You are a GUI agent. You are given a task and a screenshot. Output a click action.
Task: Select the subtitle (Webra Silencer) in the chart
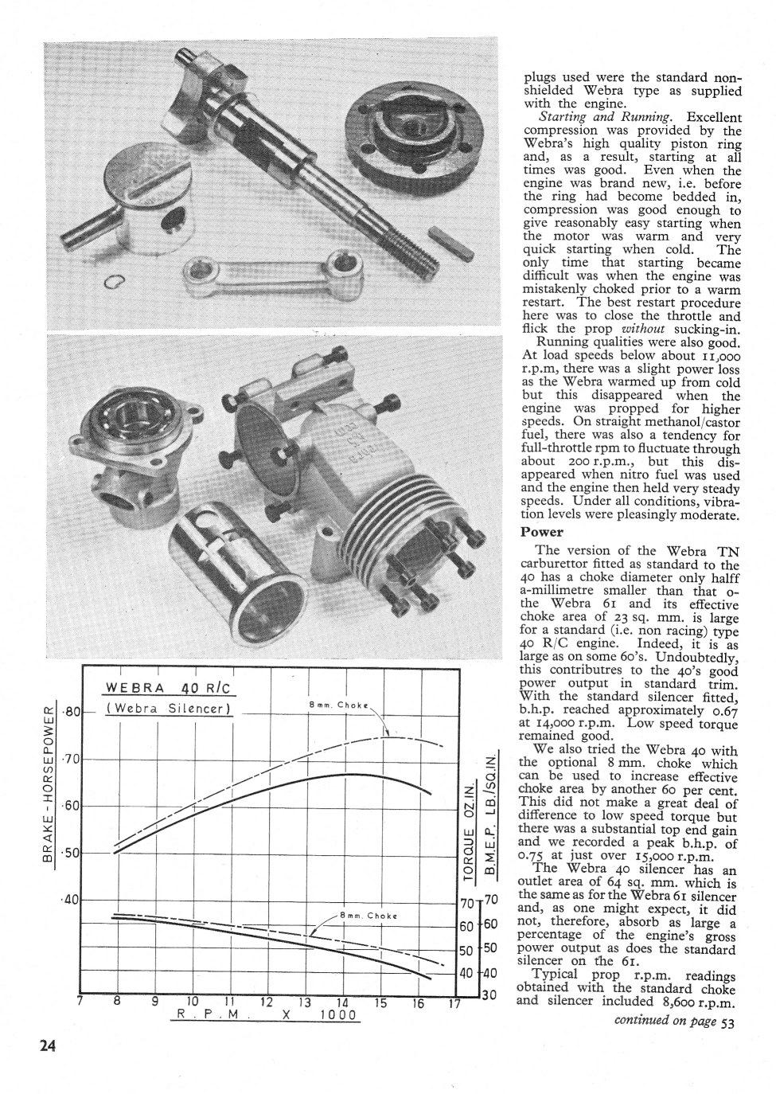[x=169, y=709]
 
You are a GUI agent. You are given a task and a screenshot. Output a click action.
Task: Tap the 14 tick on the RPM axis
[x=342, y=1002]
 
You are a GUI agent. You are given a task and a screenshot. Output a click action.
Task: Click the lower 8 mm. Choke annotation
[x=369, y=916]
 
